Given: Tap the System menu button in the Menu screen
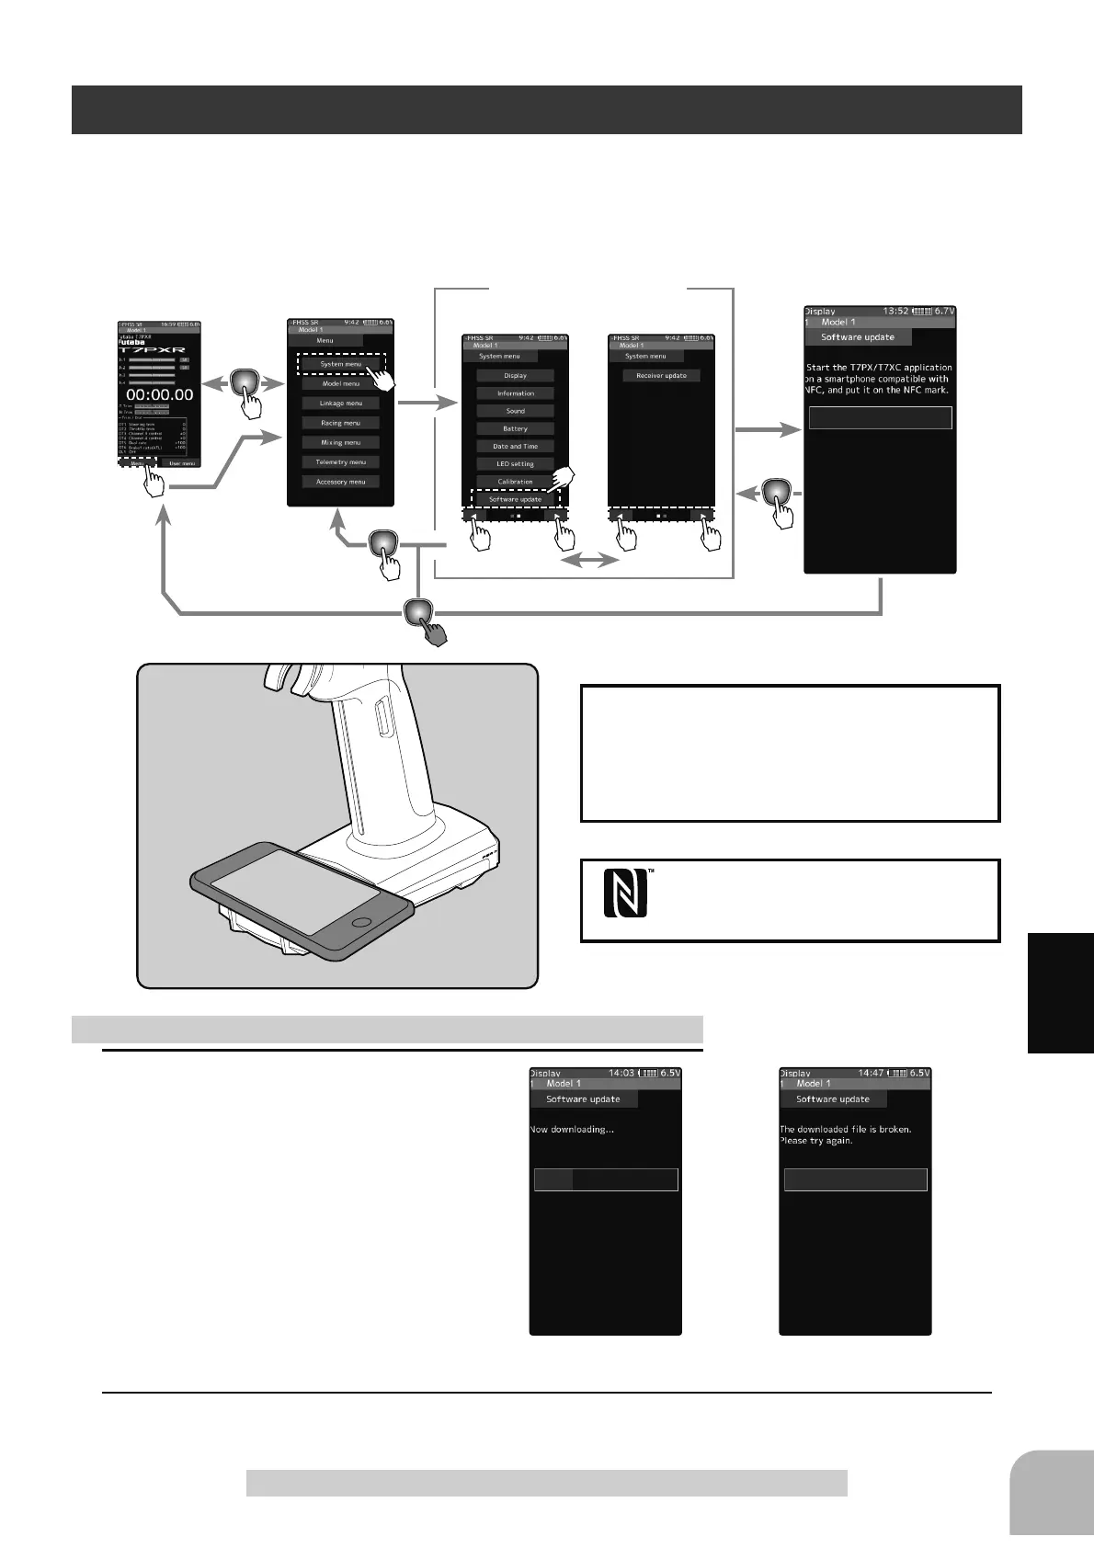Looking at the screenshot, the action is (x=341, y=364).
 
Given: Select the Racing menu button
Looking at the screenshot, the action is (x=341, y=423).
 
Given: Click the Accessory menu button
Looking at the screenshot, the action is (x=341, y=482).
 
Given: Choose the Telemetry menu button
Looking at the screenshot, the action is (x=341, y=462).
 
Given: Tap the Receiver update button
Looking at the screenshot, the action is (x=661, y=376).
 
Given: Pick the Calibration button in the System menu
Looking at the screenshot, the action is (x=515, y=482).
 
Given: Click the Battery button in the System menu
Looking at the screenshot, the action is (x=515, y=428).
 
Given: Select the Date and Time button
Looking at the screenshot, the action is (x=515, y=446).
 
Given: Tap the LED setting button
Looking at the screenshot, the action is (x=515, y=463).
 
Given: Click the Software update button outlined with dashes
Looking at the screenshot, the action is (x=515, y=499).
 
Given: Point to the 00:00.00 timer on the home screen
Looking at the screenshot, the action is (x=159, y=394).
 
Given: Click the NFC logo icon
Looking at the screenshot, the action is (x=625, y=894).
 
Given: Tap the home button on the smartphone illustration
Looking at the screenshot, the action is (x=362, y=921).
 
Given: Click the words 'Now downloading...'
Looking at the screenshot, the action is (x=572, y=1129).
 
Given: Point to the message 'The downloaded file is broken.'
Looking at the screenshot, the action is (x=845, y=1129).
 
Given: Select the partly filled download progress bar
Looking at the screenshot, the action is (x=606, y=1179).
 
